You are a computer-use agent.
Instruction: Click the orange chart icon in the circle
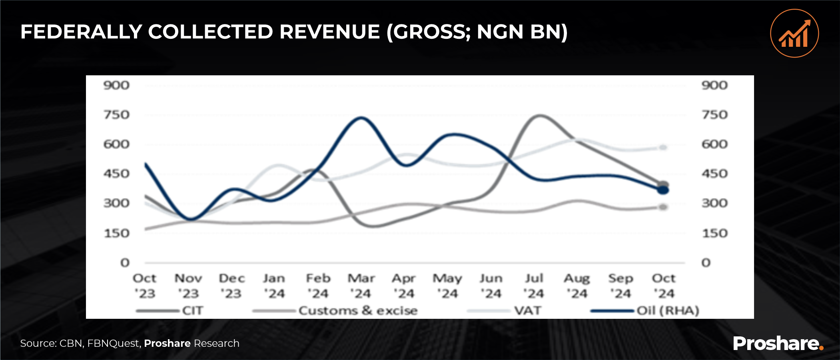pyautogui.click(x=794, y=34)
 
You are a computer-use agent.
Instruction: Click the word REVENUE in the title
pyautogui.click(x=329, y=32)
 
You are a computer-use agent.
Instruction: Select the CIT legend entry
pyautogui.click(x=192, y=311)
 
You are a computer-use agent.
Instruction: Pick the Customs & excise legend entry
pyautogui.click(x=358, y=311)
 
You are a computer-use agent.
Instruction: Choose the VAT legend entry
pyautogui.click(x=527, y=311)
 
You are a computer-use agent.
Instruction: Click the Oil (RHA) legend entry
pyautogui.click(x=668, y=311)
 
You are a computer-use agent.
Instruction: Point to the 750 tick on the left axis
pyautogui.click(x=116, y=115)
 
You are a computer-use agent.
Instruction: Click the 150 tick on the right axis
pyautogui.click(x=714, y=233)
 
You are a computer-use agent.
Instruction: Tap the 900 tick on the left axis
pyautogui.click(x=116, y=85)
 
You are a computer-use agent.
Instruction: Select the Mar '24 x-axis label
pyautogui.click(x=361, y=286)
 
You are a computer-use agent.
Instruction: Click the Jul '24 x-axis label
pyautogui.click(x=534, y=286)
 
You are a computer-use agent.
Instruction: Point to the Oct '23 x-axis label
pyautogui.click(x=144, y=286)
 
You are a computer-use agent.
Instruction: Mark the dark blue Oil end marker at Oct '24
pyautogui.click(x=663, y=190)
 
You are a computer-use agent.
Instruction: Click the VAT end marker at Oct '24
pyautogui.click(x=663, y=148)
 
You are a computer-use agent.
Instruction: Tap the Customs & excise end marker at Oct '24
pyautogui.click(x=663, y=207)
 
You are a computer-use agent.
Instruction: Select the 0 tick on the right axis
pyautogui.click(x=706, y=263)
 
